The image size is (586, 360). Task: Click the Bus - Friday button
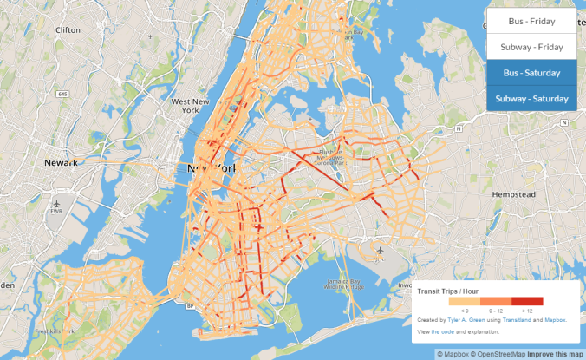pyautogui.click(x=531, y=21)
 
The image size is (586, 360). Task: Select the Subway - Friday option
pyautogui.click(x=531, y=47)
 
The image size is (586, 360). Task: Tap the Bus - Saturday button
pyautogui.click(x=531, y=73)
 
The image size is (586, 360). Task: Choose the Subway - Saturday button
pyautogui.click(x=531, y=99)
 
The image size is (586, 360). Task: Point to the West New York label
pyautogui.click(x=191, y=106)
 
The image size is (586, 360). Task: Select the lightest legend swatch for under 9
pyautogui.click(x=465, y=301)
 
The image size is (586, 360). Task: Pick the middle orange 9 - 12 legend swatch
pyautogui.click(x=495, y=301)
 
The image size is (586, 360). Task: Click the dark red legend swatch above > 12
pyautogui.click(x=526, y=301)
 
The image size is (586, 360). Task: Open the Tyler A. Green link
pyautogui.click(x=461, y=320)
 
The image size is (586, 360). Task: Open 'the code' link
pyautogui.click(x=443, y=332)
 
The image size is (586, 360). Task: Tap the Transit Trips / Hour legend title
pyautogui.click(x=447, y=291)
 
